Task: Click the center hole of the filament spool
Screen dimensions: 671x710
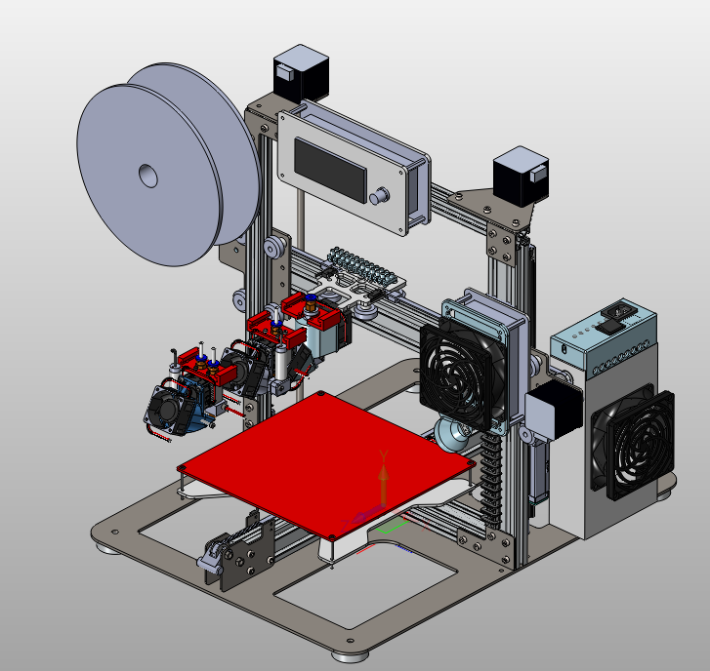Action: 146,176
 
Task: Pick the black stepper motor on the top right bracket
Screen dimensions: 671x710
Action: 520,176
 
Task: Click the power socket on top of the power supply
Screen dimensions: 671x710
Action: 618,315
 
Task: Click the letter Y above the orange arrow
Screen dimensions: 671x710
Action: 384,455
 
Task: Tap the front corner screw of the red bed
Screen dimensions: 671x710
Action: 335,535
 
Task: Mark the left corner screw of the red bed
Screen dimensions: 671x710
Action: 181,469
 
